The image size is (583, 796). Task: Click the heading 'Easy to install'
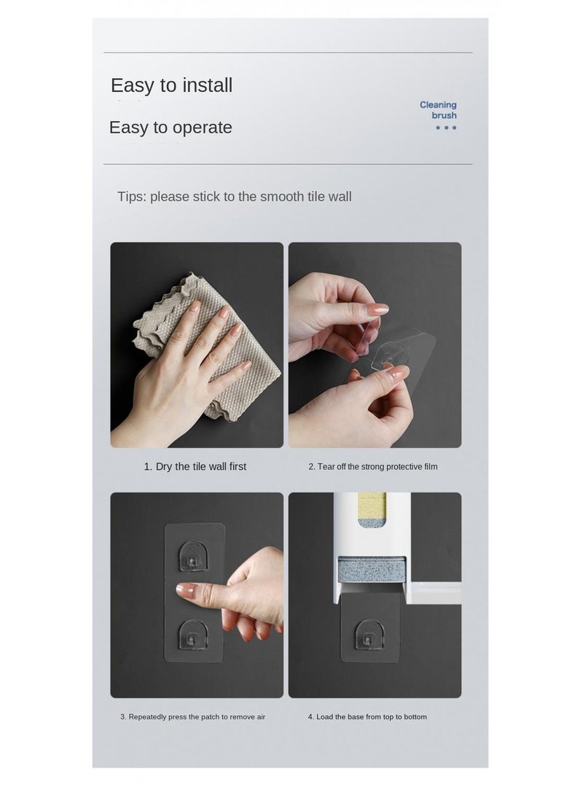171,85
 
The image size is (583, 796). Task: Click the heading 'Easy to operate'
171,128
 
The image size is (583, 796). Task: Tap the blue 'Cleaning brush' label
438,110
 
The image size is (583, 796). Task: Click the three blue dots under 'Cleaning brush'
445,128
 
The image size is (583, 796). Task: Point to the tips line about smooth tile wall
234,197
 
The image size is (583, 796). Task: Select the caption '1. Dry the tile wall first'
195,467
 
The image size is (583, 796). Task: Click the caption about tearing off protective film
372,467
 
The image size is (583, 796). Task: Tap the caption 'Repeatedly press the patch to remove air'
192,717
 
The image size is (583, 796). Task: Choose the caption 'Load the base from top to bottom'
367,717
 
